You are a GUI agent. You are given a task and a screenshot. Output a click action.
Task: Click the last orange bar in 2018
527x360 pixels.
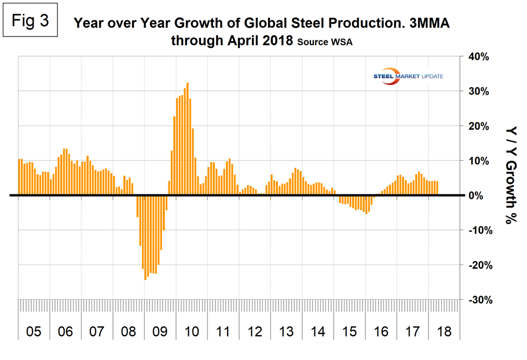coord(437,188)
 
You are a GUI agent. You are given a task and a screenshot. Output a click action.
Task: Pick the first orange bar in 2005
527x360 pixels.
coord(19,177)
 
